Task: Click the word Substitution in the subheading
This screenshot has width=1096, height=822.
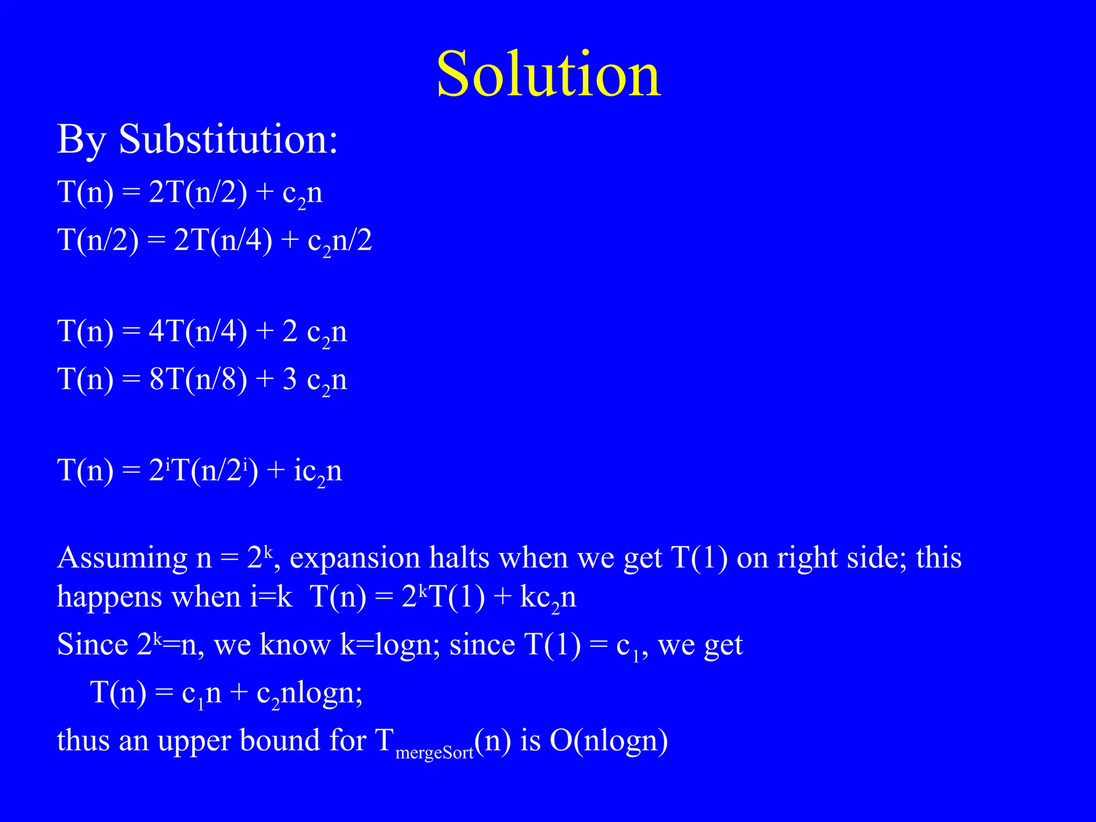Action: click(229, 140)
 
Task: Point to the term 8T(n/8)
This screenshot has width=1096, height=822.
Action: click(198, 379)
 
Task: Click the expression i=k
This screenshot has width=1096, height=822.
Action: click(271, 596)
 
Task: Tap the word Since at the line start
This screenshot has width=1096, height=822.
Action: click(92, 644)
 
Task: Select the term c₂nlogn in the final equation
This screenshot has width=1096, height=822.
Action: click(309, 694)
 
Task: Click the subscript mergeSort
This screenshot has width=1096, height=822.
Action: click(435, 753)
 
